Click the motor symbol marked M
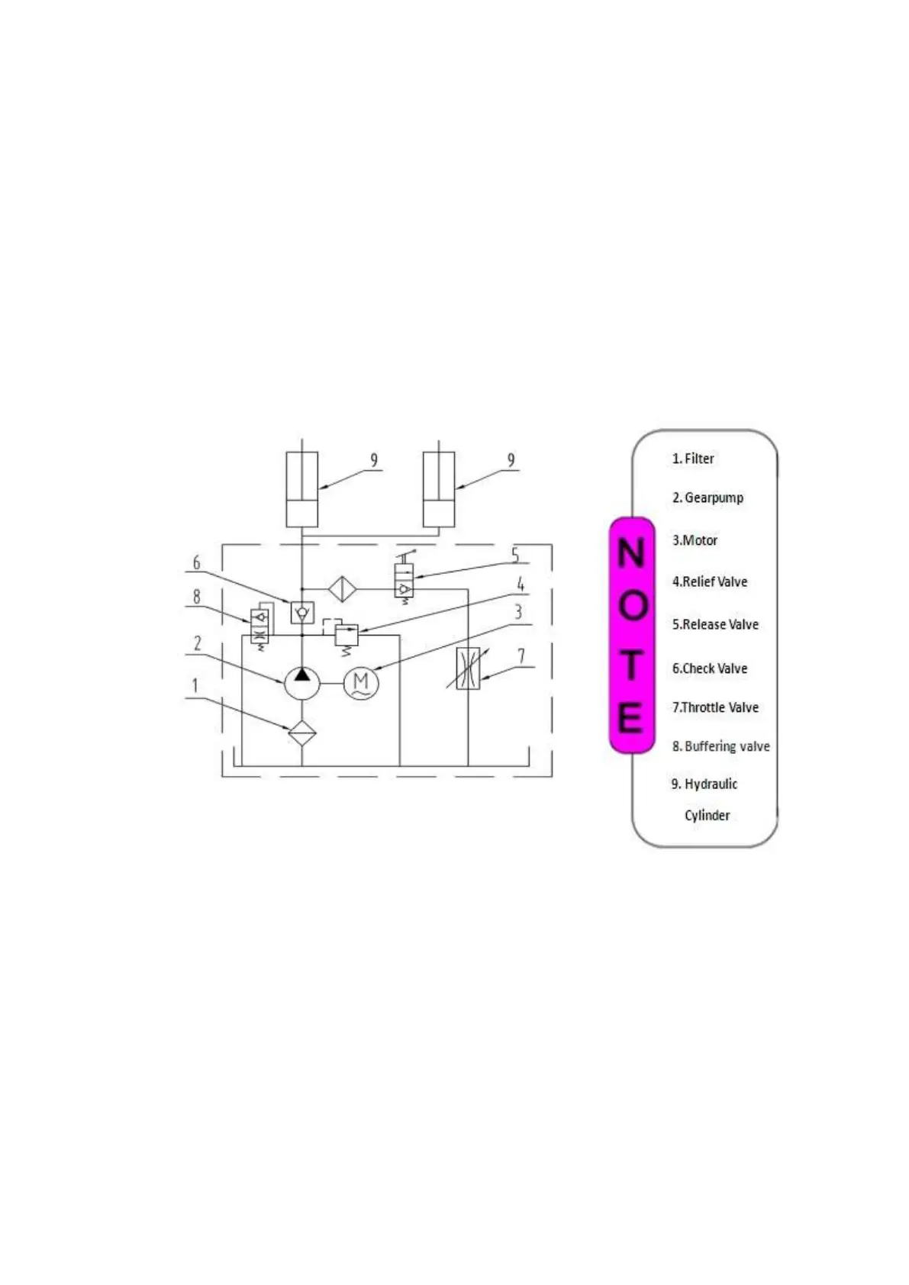(361, 683)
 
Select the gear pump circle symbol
(302, 682)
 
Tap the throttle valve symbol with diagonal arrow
(468, 668)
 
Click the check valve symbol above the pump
(302, 612)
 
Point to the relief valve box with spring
(347, 634)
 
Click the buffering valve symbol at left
(259, 626)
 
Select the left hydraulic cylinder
(301, 489)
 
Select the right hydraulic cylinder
(439, 489)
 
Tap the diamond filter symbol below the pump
(302, 733)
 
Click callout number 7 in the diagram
(521, 655)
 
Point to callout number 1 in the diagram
(195, 685)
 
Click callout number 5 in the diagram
(515, 555)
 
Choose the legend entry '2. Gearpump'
(708, 498)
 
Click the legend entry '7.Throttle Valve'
(715, 707)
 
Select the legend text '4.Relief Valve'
(710, 581)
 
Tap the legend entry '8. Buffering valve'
(720, 746)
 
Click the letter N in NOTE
(631, 552)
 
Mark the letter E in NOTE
(630, 717)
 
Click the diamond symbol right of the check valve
(342, 589)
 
